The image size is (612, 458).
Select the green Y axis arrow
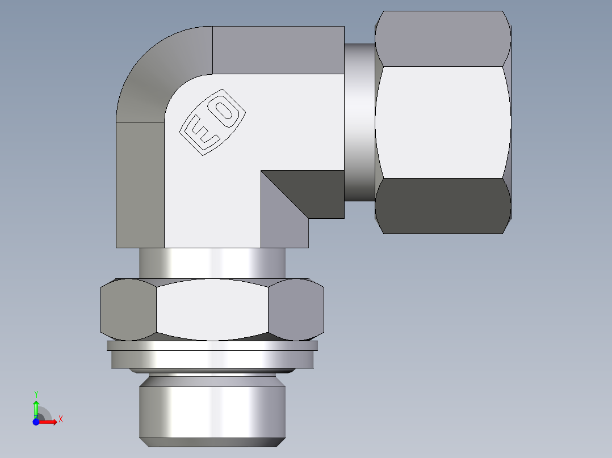click(36, 407)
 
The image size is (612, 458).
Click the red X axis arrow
click(48, 422)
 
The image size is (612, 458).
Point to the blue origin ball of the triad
click(36, 422)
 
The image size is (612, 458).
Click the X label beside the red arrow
click(60, 419)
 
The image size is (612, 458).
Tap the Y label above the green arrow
click(36, 393)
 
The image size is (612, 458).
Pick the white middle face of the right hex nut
click(442, 122)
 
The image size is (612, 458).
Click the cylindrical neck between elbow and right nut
click(359, 122)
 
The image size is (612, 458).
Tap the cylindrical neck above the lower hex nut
click(212, 263)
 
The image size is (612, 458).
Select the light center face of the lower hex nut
click(212, 309)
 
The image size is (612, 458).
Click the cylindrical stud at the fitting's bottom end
click(212, 411)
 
